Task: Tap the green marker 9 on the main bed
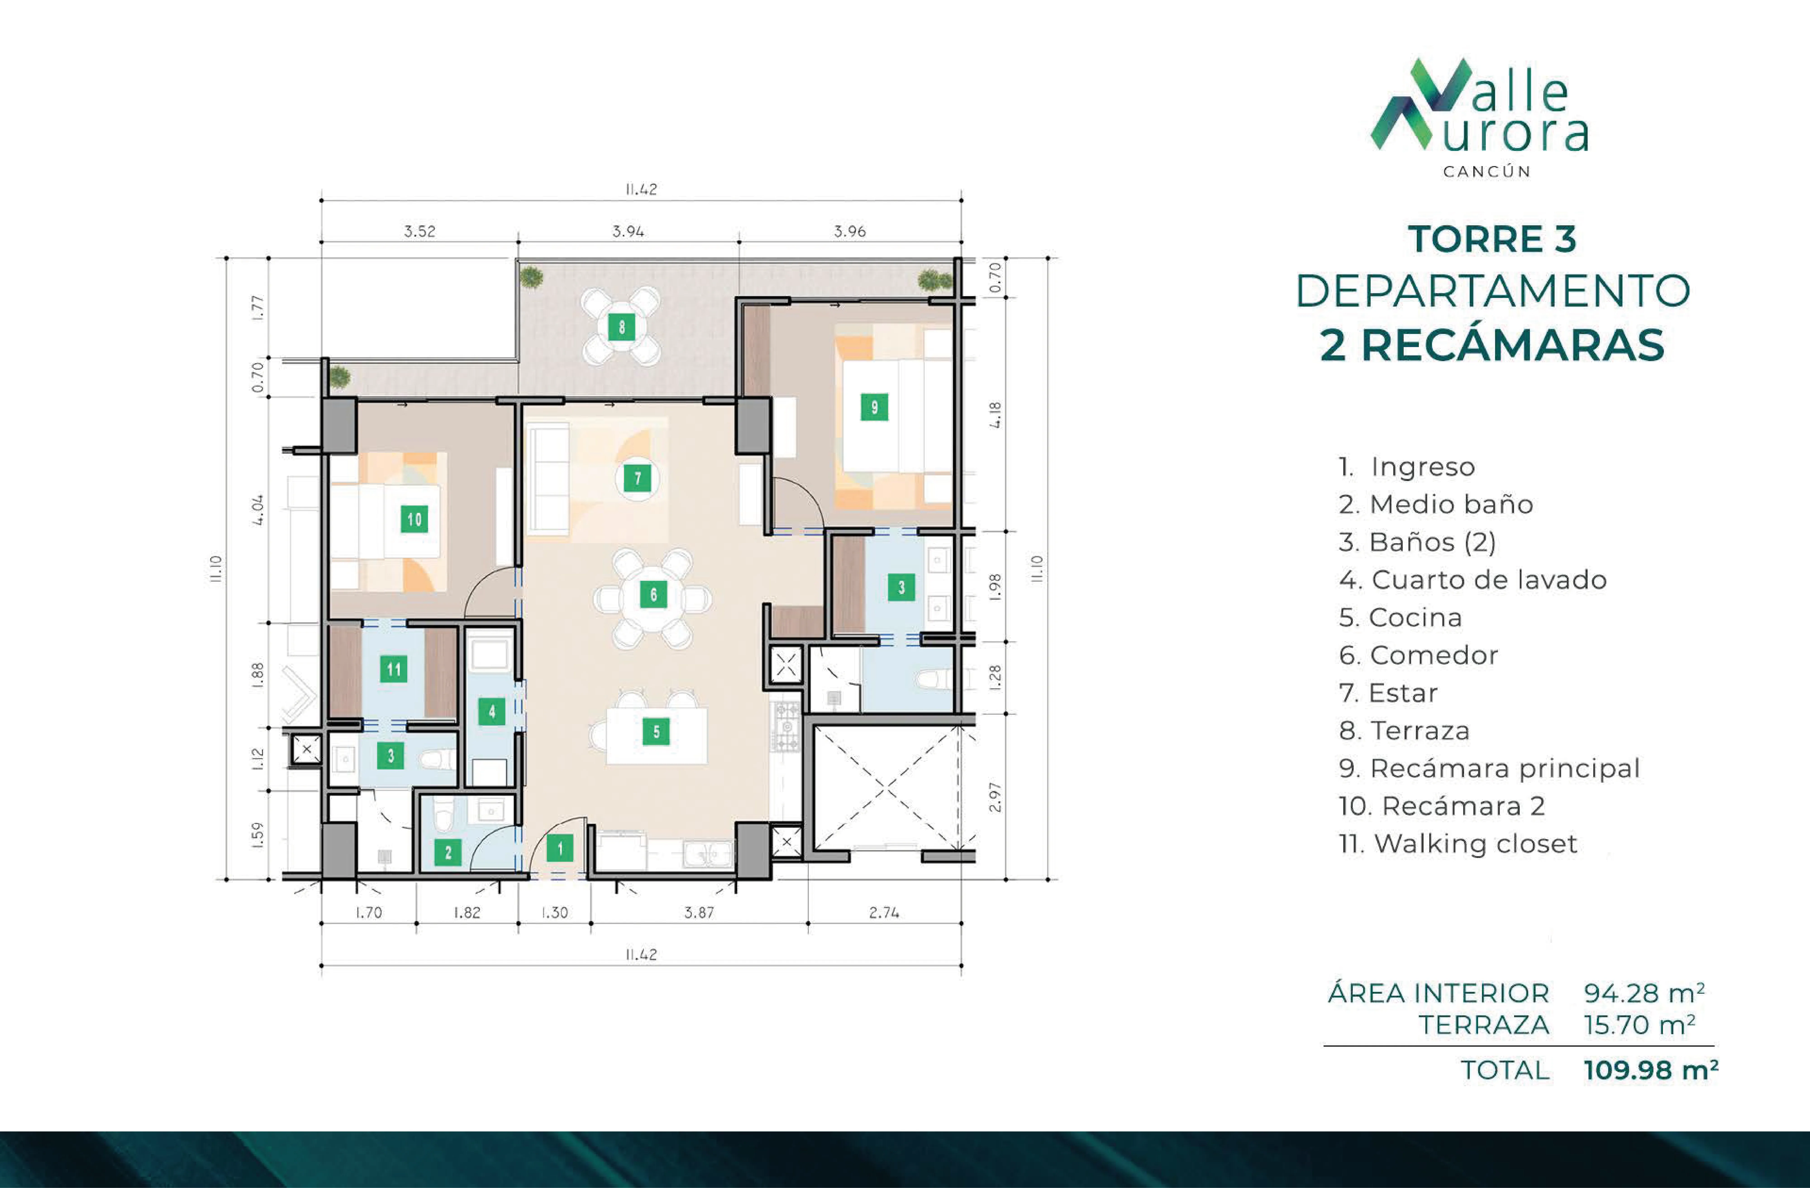(x=874, y=407)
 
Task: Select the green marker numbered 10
(x=414, y=519)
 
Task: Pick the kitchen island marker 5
(x=655, y=732)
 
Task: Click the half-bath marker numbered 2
(x=448, y=852)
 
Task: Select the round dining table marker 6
(x=653, y=594)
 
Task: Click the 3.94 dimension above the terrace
(x=628, y=231)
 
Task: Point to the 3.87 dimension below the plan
(x=699, y=913)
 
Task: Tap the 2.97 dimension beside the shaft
(x=995, y=797)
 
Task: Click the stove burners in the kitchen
(x=786, y=726)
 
